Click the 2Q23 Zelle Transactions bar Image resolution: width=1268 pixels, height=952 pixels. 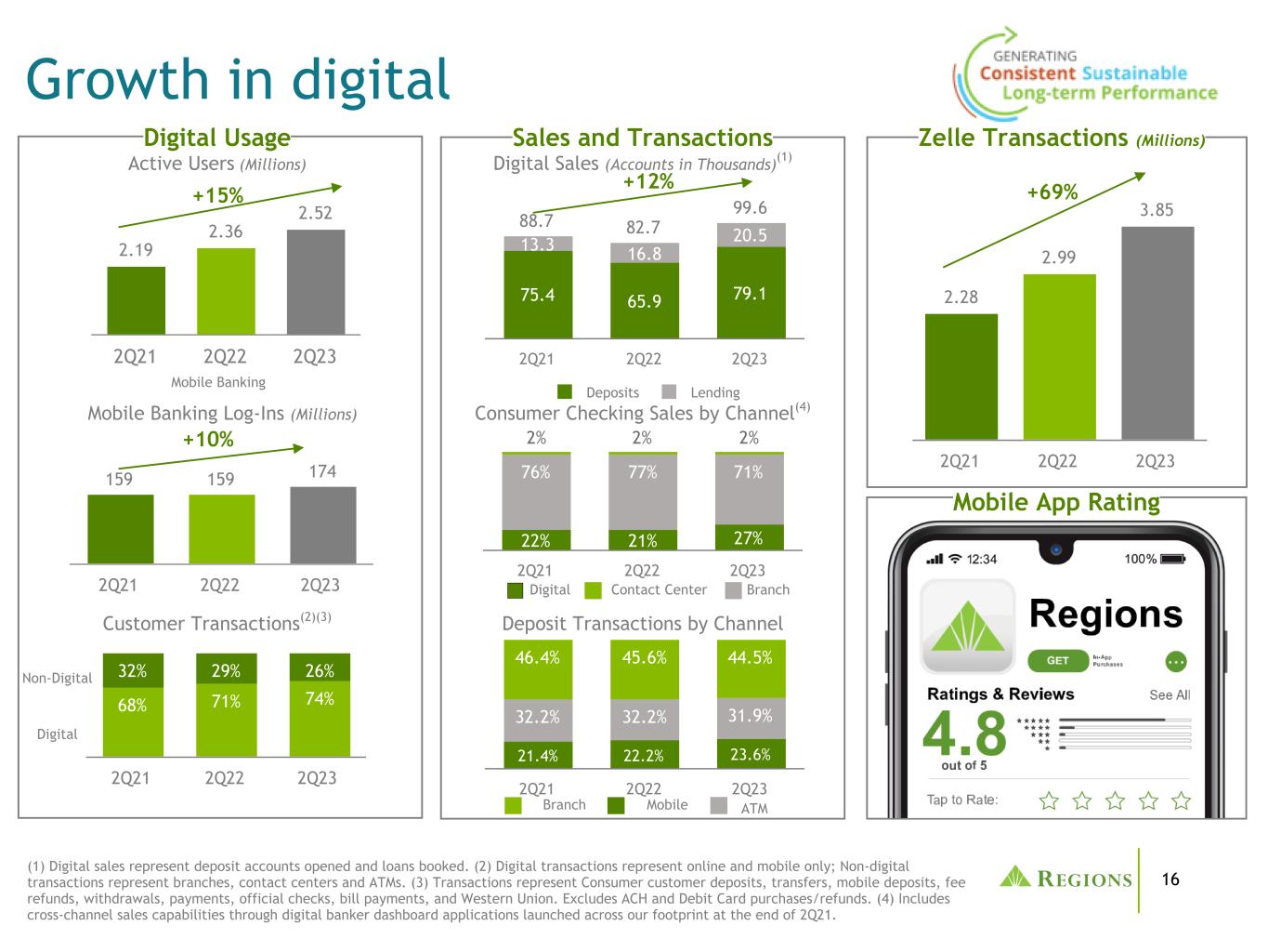[1157, 333]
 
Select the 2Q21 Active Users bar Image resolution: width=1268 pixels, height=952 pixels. [137, 300]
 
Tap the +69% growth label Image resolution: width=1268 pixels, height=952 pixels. [1052, 192]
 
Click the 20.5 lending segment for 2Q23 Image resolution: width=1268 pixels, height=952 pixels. [751, 235]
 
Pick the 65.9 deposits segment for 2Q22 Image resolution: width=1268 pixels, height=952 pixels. [645, 300]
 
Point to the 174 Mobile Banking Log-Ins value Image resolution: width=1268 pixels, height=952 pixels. [322, 471]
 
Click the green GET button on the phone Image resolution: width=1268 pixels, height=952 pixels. [1058, 661]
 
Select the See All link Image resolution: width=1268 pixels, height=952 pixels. [1170, 694]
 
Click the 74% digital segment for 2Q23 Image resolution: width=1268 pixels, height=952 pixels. [320, 719]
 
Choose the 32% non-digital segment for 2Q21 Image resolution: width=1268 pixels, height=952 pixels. [133, 670]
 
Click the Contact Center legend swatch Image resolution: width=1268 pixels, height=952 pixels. [594, 590]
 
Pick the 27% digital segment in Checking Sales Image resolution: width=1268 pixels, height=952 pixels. [750, 537]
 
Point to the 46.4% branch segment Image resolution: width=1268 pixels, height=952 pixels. [538, 669]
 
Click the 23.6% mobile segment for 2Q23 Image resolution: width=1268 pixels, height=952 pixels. [751, 754]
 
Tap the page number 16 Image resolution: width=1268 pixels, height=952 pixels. [1170, 879]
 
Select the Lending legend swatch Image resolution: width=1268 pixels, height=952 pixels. [669, 392]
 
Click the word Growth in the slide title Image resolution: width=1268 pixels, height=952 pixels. [117, 79]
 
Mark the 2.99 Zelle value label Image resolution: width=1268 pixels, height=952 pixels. [1059, 258]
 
